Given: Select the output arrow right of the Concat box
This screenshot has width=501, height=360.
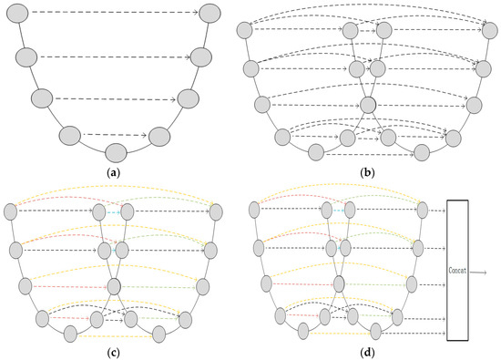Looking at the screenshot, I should (493, 271).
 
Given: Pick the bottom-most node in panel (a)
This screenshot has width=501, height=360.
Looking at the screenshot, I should (115, 152).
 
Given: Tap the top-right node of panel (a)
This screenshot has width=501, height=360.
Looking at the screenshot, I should (210, 13).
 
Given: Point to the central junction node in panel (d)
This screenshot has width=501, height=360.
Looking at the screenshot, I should (339, 283).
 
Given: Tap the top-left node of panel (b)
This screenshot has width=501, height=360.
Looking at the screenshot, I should (244, 30).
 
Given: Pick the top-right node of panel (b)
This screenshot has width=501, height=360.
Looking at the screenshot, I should (489, 30).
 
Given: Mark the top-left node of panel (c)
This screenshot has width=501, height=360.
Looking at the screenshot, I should (12, 212).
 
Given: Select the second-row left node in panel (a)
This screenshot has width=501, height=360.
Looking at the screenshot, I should (26, 57).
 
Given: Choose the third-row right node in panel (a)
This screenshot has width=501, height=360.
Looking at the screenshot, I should (189, 98).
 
